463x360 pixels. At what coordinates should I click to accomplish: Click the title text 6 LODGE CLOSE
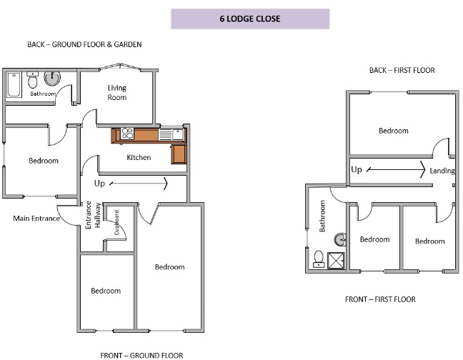click(x=249, y=19)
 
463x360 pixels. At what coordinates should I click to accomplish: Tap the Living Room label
click(x=117, y=93)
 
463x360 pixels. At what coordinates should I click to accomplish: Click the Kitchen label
click(x=139, y=157)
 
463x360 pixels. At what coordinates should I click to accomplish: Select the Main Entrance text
click(x=34, y=218)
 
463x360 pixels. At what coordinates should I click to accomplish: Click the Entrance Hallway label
click(x=93, y=214)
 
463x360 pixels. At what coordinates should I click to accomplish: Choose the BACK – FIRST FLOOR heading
click(x=402, y=70)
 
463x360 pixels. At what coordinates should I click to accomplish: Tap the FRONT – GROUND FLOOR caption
click(x=142, y=354)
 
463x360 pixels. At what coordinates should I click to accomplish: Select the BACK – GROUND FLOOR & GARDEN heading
click(x=84, y=44)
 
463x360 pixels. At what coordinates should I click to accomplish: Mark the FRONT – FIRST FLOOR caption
click(x=379, y=299)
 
